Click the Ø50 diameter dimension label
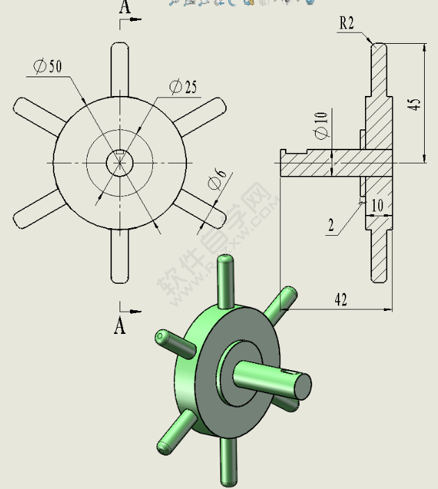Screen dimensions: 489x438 (47, 66)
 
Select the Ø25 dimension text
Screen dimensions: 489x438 (183, 87)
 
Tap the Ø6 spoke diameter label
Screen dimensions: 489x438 (216, 182)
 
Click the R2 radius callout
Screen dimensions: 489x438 (346, 23)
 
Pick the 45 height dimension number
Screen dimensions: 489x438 (414, 104)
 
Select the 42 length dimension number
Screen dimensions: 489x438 (341, 299)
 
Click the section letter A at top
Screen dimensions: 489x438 (124, 8)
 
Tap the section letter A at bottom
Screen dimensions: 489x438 (120, 325)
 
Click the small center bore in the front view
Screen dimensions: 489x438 (119, 163)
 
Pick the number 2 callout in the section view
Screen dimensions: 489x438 (331, 225)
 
